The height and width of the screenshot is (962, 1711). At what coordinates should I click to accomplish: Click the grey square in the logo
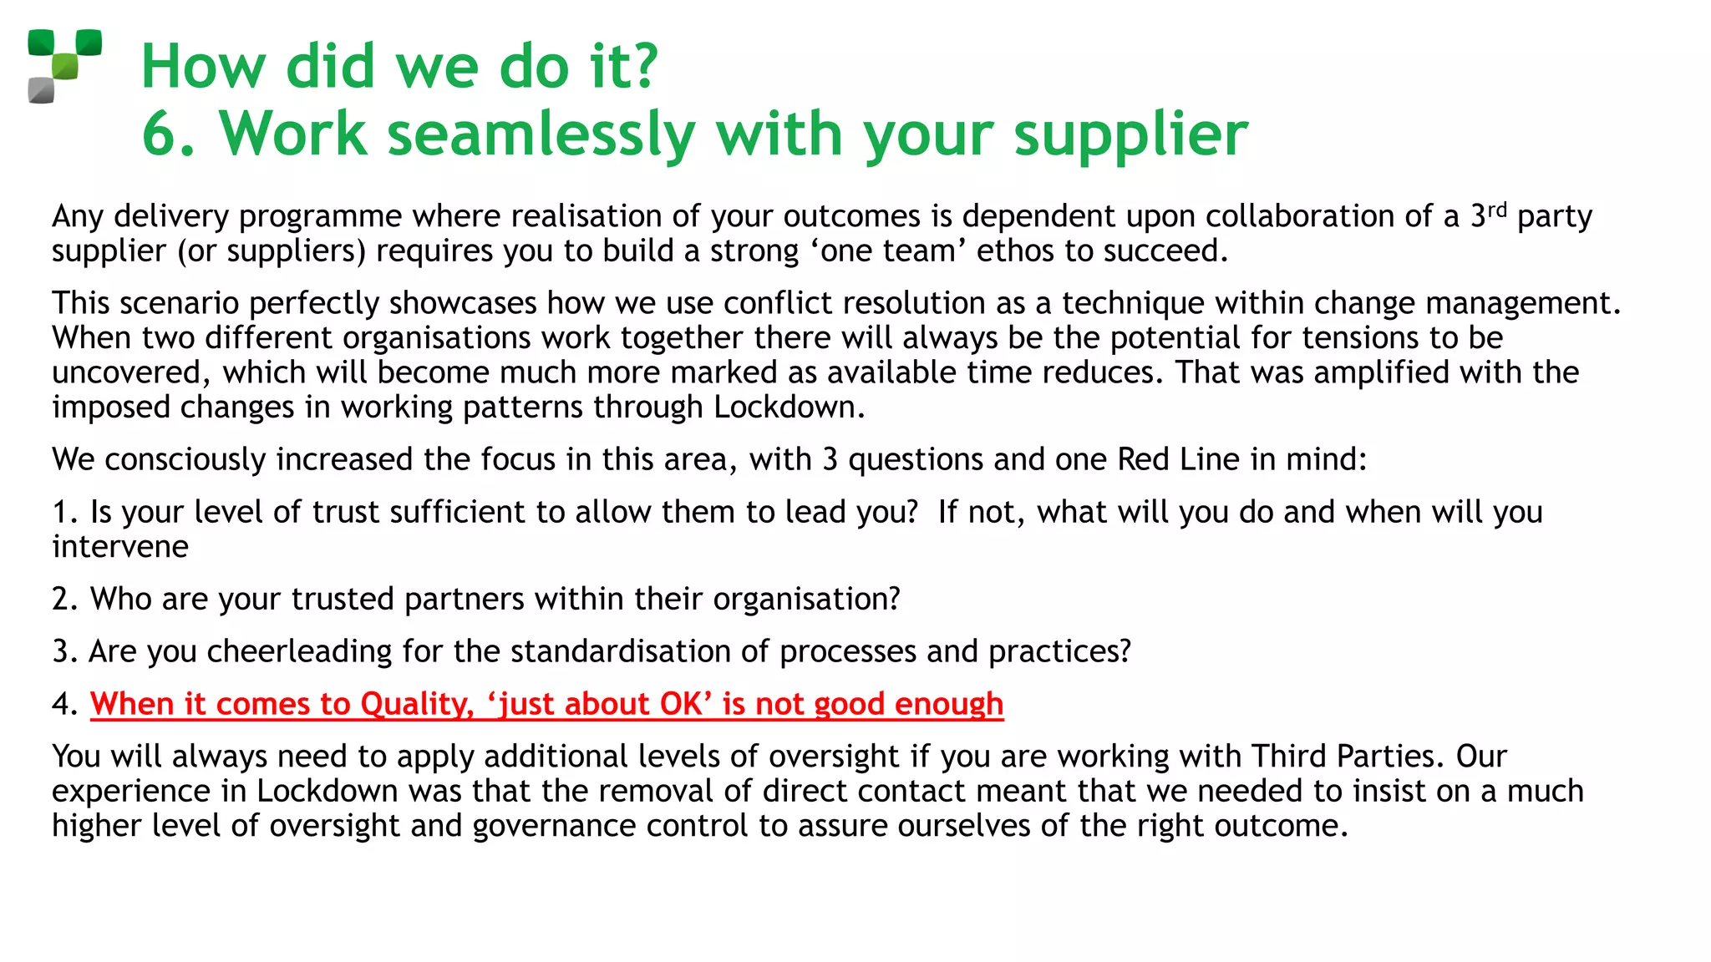coord(41,89)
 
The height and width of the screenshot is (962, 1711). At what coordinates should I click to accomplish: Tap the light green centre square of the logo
coord(65,66)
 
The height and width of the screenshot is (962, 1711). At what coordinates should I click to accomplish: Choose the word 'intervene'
coord(120,547)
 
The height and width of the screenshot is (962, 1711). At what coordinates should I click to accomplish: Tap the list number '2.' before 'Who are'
coord(64,599)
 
